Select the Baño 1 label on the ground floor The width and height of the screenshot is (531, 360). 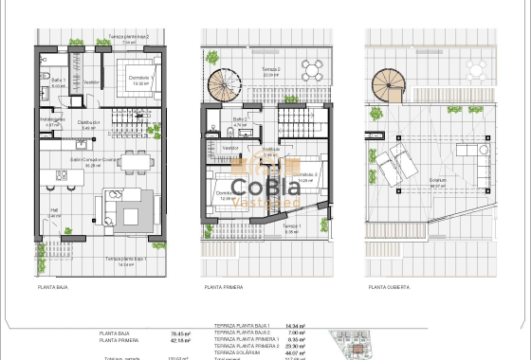[x=57, y=81]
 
